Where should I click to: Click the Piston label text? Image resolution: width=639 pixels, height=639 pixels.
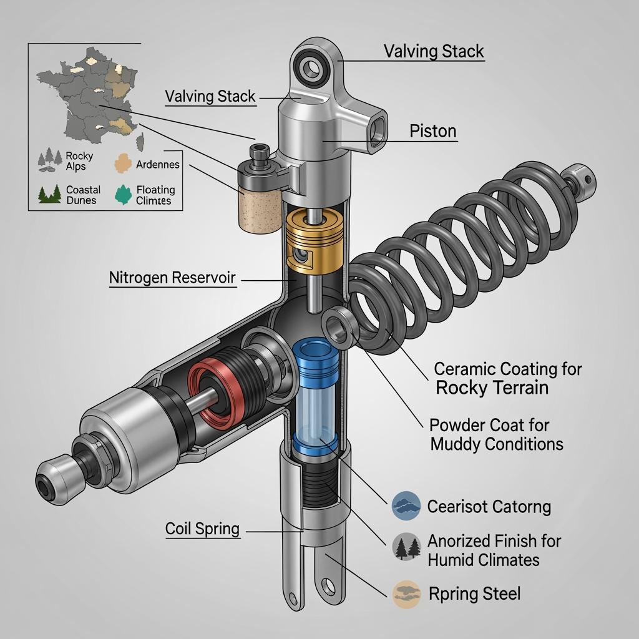click(432, 132)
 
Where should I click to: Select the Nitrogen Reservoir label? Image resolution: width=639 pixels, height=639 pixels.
click(172, 278)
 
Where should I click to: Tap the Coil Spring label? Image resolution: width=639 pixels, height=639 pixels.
click(202, 529)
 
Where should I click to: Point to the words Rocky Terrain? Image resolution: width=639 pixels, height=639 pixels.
click(492, 388)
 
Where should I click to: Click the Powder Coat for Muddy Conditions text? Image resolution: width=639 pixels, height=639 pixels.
click(496, 434)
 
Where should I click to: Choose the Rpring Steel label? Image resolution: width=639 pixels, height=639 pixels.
click(474, 593)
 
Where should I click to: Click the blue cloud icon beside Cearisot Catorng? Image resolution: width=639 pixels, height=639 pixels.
click(406, 505)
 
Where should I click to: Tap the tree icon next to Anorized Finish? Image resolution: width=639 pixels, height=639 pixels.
click(406, 547)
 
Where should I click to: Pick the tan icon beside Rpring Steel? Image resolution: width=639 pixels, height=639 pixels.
click(406, 593)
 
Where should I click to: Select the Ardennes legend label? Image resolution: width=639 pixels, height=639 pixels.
click(158, 165)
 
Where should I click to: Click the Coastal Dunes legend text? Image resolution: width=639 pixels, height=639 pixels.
click(83, 195)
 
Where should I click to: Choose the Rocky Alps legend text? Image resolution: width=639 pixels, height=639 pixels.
click(79, 161)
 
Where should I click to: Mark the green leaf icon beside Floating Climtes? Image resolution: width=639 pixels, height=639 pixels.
click(124, 194)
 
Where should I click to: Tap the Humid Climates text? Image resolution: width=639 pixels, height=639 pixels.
click(483, 560)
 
